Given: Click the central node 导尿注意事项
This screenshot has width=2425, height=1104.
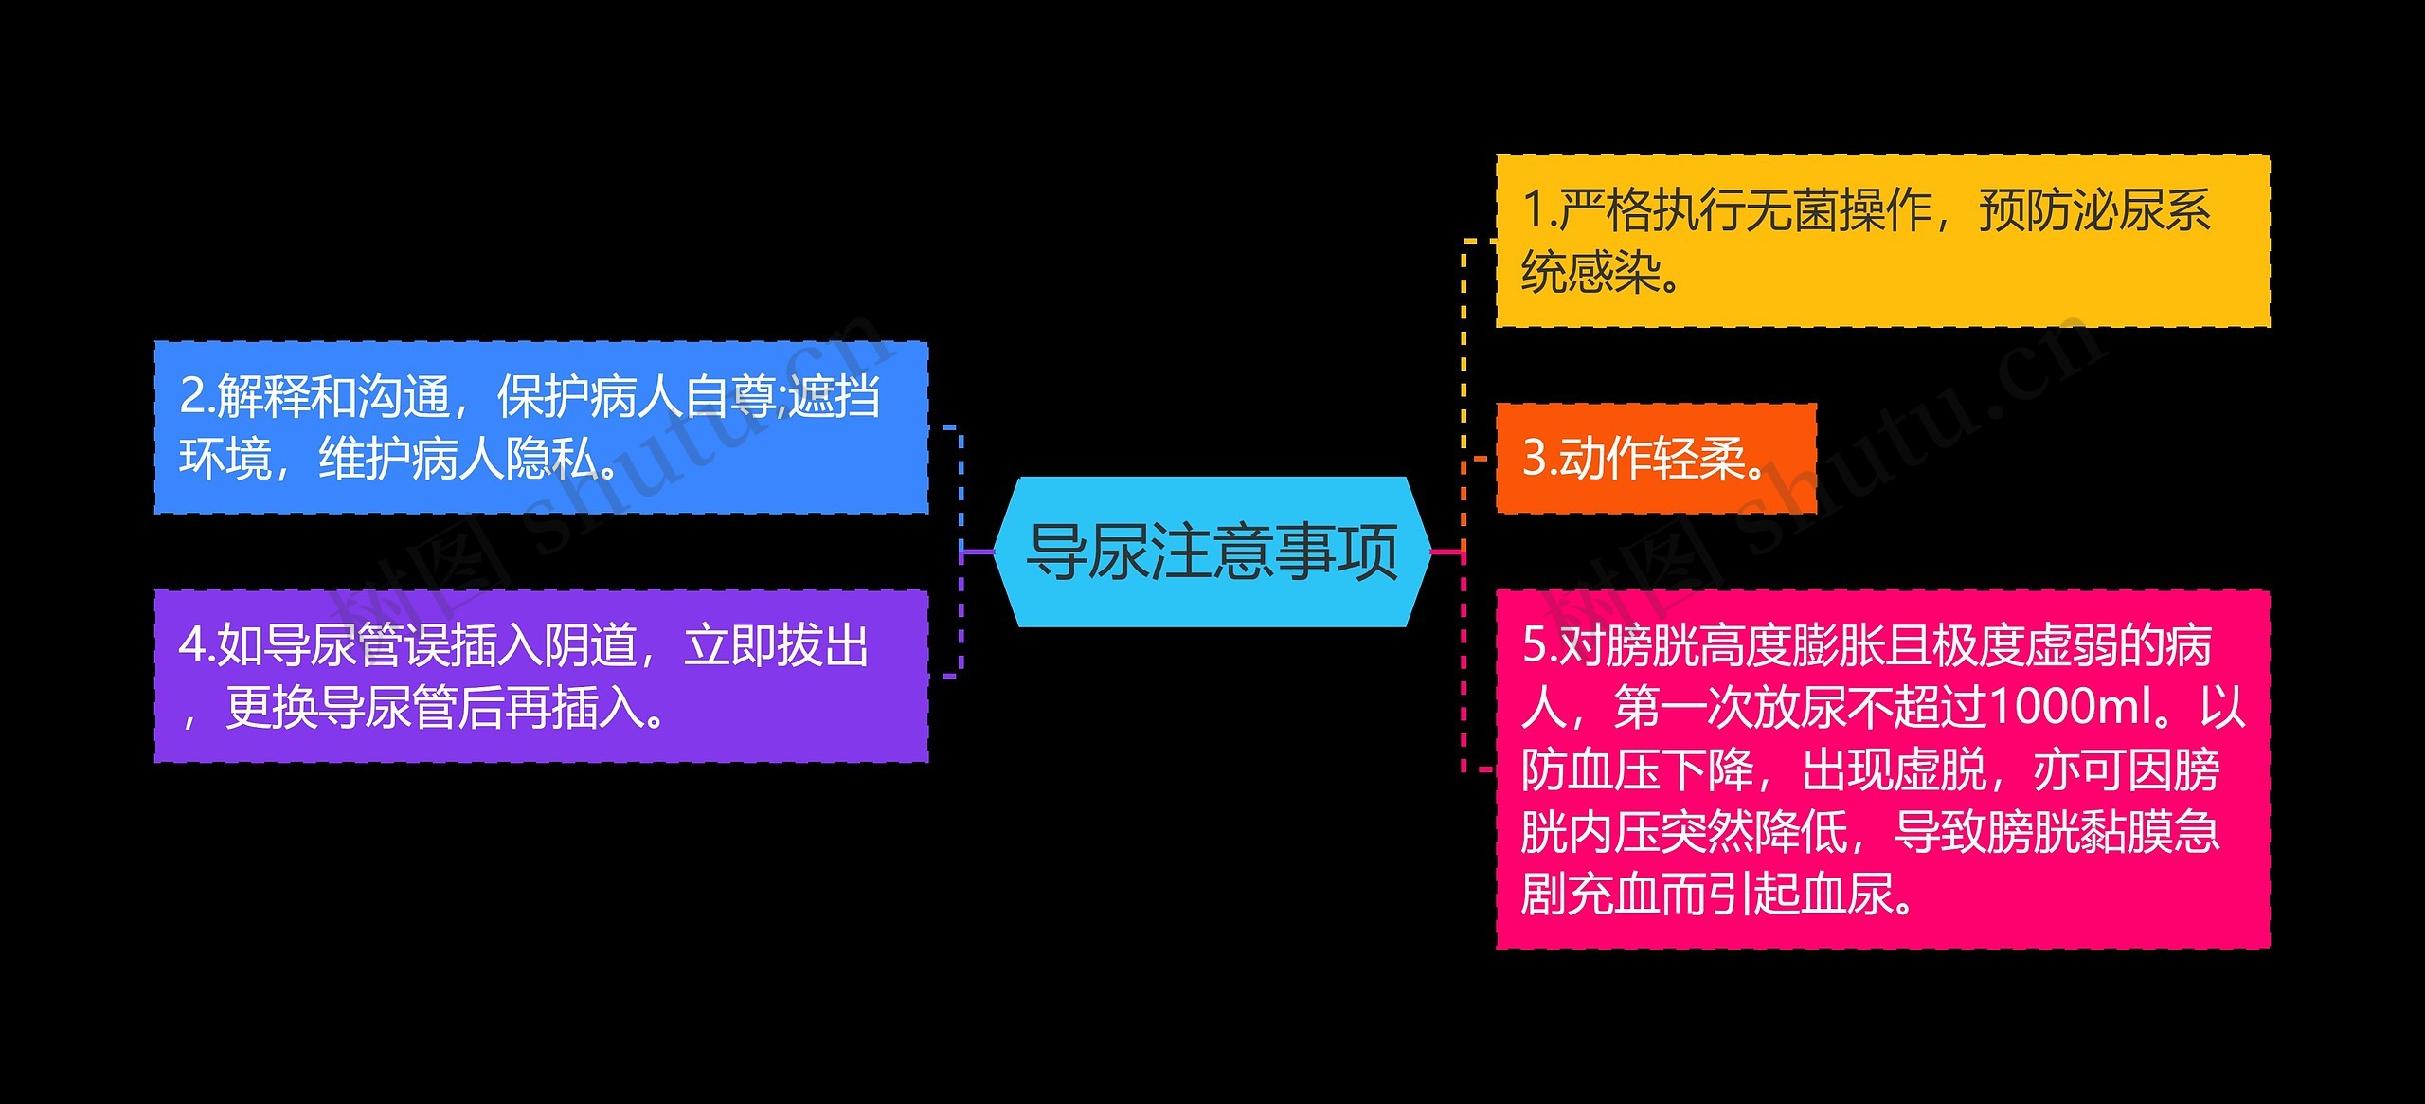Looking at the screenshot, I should point(1212,552).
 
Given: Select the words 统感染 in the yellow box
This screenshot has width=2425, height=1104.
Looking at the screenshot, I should point(1591,273).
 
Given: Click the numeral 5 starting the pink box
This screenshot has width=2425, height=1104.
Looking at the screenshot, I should point(1533,645).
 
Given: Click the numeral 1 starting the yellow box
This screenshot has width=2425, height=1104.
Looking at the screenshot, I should point(1532,210).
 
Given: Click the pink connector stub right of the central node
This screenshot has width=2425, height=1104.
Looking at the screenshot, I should point(1446,552).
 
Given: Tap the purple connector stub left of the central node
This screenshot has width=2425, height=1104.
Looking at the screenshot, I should point(978,552).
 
